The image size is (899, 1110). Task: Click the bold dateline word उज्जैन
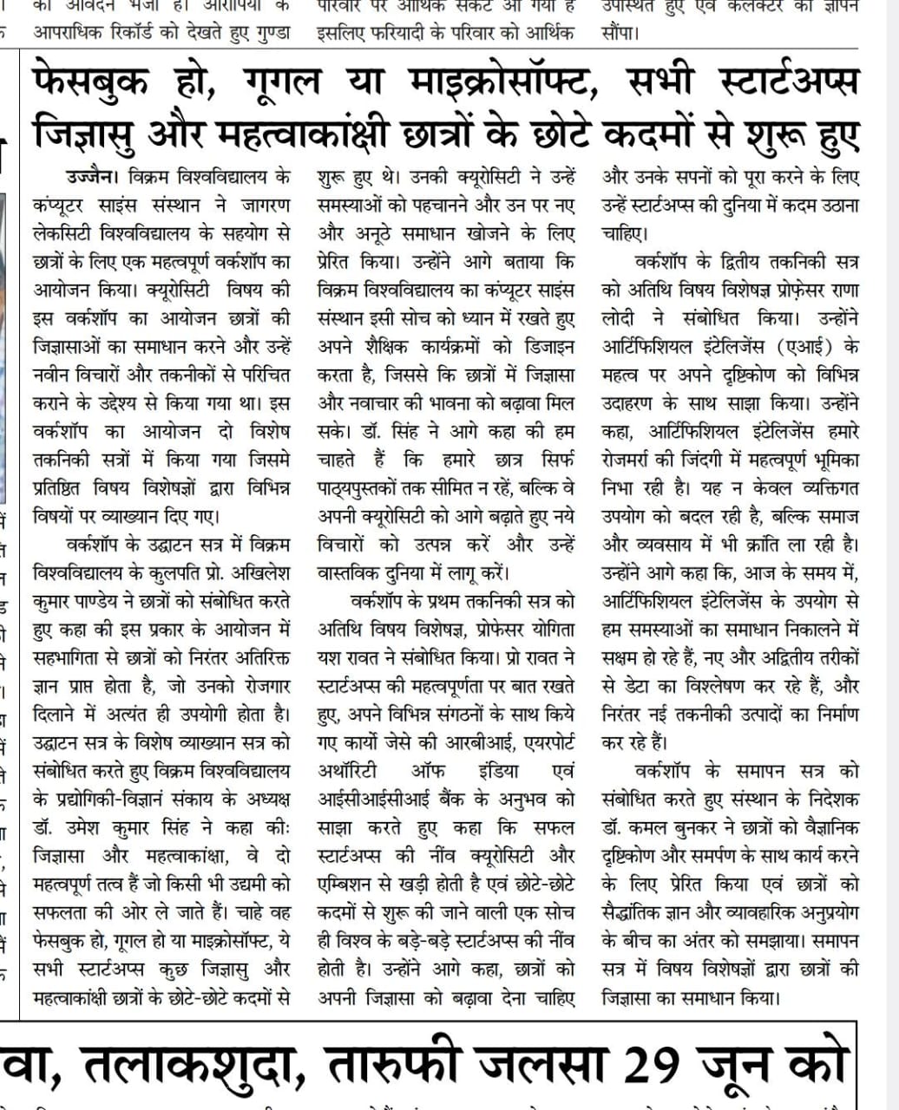(89, 179)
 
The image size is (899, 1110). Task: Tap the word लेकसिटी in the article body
(67, 234)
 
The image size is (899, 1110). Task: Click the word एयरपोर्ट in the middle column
(545, 742)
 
